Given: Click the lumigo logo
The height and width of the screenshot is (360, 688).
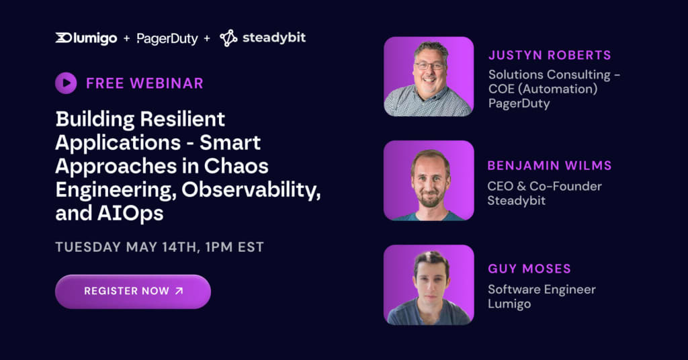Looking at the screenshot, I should pos(87,38).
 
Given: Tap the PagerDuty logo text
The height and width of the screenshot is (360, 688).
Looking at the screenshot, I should pos(167,39).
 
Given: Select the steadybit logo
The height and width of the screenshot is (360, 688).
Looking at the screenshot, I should pos(263,38).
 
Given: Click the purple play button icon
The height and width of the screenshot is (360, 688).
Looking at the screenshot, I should pos(66,83).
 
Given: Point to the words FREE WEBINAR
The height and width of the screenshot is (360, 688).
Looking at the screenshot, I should pos(144,83).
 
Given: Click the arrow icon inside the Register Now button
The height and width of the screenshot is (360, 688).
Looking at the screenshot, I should pos(178,291).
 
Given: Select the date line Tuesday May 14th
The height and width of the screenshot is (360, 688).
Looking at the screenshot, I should pos(159,246).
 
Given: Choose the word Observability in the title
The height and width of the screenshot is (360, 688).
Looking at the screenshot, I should pos(256,189).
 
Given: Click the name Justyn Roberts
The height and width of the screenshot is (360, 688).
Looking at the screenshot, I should pos(549,56).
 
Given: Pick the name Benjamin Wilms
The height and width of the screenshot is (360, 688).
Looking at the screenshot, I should pos(550,166).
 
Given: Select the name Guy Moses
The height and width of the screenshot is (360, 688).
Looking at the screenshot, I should pos(529,269).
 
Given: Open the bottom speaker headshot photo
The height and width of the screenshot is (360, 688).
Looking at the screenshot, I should pos(429,284).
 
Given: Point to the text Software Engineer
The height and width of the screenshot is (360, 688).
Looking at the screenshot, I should pos(542,289).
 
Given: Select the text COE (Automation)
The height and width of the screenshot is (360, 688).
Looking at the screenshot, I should pos(543,88).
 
